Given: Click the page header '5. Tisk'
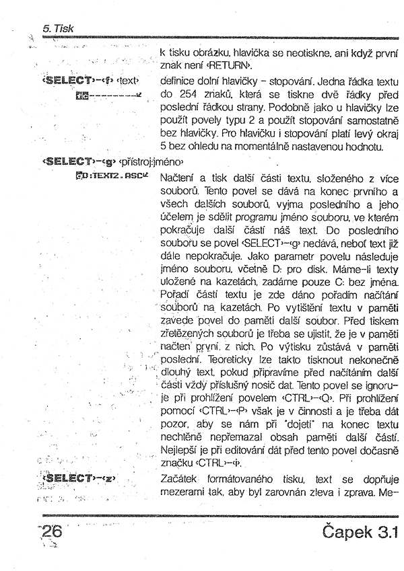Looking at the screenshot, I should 57,29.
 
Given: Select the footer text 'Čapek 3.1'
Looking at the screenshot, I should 356,533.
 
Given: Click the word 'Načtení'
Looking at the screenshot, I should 179,178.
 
